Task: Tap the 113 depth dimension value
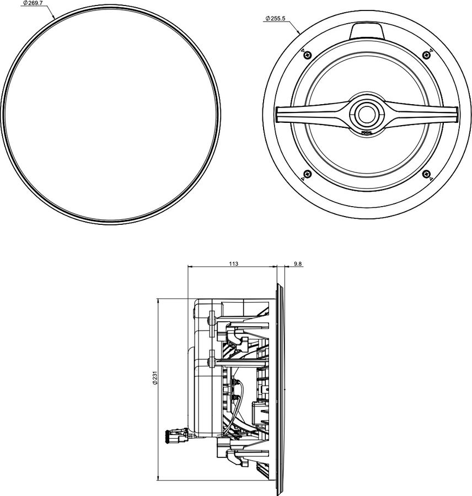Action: [233, 265]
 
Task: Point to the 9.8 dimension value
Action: [298, 265]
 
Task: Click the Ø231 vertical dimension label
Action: [156, 380]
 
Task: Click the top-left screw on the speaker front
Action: [308, 54]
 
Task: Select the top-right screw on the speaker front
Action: [425, 54]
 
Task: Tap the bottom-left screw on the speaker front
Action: [308, 174]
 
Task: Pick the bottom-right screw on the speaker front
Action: [425, 174]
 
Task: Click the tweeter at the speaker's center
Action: [367, 112]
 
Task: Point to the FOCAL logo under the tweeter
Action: [367, 132]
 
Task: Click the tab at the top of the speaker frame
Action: [366, 30]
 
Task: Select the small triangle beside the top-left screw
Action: [302, 50]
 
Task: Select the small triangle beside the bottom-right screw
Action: [431, 179]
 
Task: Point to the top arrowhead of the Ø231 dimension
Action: [159, 301]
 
